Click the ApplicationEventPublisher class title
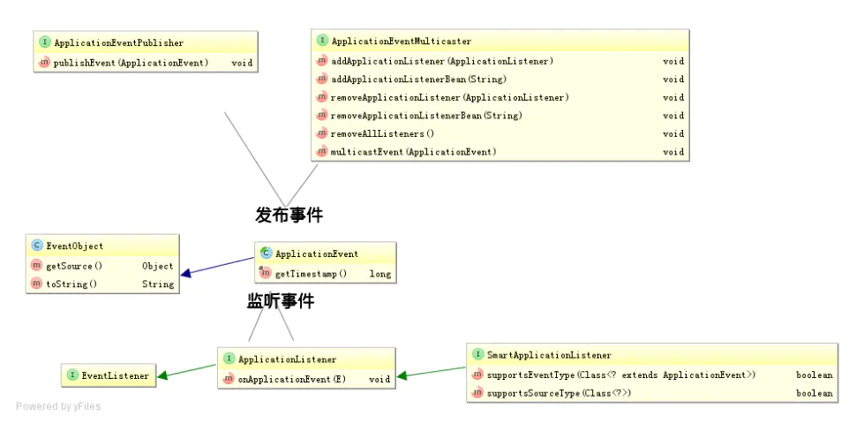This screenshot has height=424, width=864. point(118,42)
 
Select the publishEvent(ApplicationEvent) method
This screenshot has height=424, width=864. point(131,63)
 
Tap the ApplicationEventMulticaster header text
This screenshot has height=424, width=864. point(401,41)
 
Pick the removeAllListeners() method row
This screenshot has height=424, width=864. point(382,133)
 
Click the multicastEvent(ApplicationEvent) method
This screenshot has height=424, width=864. point(413,152)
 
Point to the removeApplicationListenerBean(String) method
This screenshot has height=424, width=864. point(425,116)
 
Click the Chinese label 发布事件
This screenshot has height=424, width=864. point(289,214)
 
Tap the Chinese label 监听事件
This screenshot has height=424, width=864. point(280,301)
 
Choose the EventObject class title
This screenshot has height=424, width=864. point(74,246)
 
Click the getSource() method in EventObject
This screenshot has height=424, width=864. point(74,266)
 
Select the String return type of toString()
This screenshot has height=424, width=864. point(158,284)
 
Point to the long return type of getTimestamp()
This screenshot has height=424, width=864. point(379,274)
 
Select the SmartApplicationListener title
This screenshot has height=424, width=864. point(548,355)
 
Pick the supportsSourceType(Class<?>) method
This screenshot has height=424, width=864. point(560,393)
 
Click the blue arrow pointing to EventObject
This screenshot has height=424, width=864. point(216,267)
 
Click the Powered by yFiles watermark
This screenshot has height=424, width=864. point(58,406)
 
